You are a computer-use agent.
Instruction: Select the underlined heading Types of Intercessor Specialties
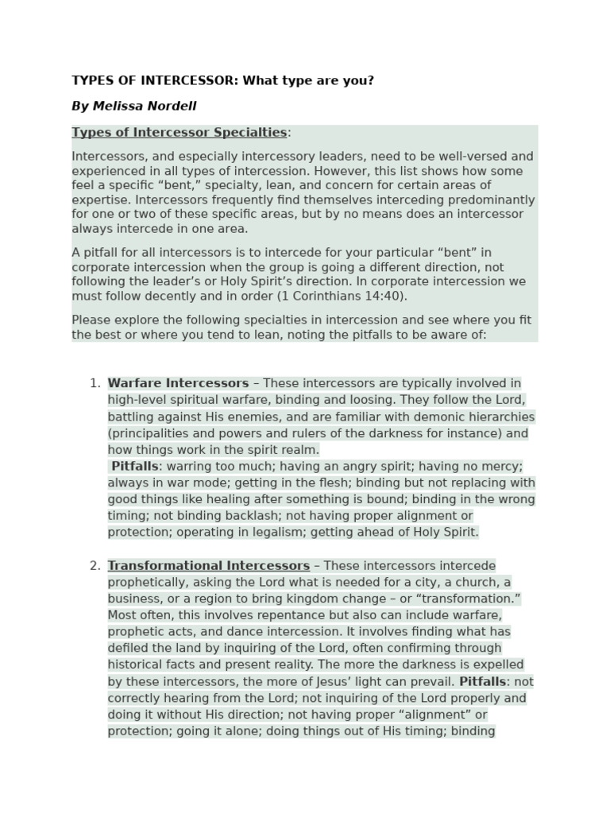pyautogui.click(x=179, y=132)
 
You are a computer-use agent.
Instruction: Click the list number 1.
pyautogui.click(x=95, y=383)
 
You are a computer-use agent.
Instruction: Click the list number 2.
pyautogui.click(x=95, y=566)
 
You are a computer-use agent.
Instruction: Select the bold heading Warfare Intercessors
pyautogui.click(x=178, y=383)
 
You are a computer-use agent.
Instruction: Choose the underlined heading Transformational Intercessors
pyautogui.click(x=208, y=566)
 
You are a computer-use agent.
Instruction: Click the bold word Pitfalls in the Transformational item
pyautogui.click(x=486, y=681)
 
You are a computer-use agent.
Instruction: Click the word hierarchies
pyautogui.click(x=496, y=417)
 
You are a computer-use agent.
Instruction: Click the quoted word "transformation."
pyautogui.click(x=469, y=599)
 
